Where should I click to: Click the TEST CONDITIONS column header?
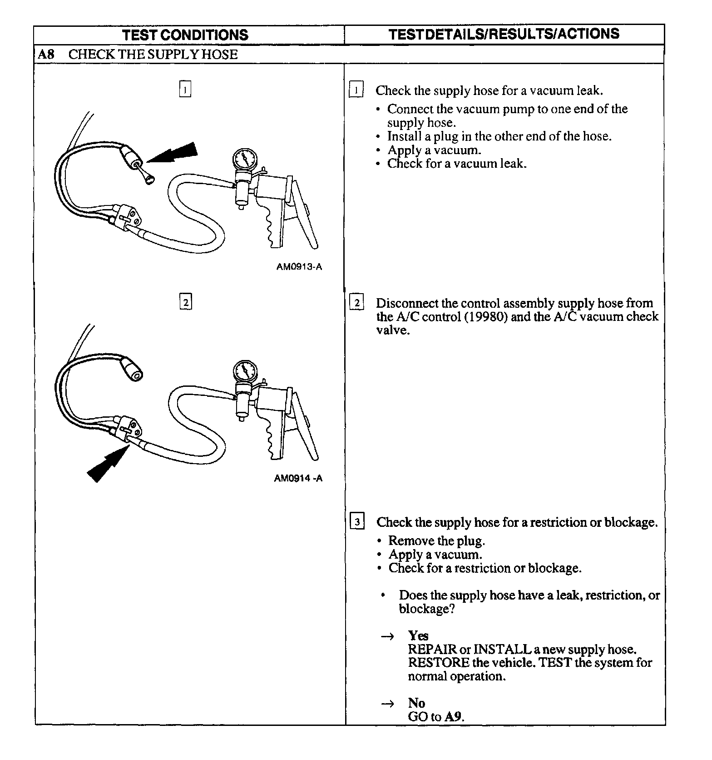pyautogui.click(x=185, y=35)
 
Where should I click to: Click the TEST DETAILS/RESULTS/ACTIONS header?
pyautogui.click(x=504, y=34)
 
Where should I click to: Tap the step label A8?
pyautogui.click(x=46, y=55)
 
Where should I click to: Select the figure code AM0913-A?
pyautogui.click(x=299, y=267)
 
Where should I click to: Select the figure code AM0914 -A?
pyautogui.click(x=298, y=478)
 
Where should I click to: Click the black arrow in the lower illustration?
pyautogui.click(x=105, y=464)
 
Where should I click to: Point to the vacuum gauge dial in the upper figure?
pyautogui.click(x=245, y=160)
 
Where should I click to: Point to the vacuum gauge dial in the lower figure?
pyautogui.click(x=245, y=371)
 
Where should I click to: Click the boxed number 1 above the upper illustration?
pyautogui.click(x=185, y=89)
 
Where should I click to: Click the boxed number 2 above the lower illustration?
pyautogui.click(x=185, y=302)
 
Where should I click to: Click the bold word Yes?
pyautogui.click(x=418, y=635)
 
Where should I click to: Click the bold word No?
pyautogui.click(x=416, y=703)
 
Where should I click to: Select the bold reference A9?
pyautogui.click(x=453, y=717)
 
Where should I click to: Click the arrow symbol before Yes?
pyautogui.click(x=386, y=636)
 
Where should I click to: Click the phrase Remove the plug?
pyautogui.click(x=436, y=541)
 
